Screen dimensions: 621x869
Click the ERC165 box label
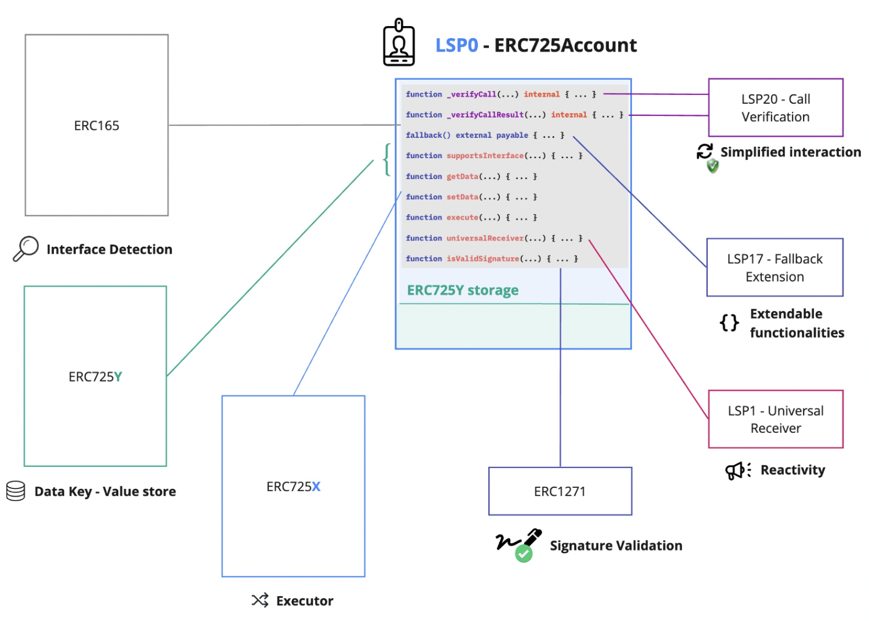(97, 126)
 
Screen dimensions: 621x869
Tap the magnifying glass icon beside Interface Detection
(25, 249)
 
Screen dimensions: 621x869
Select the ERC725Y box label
(96, 377)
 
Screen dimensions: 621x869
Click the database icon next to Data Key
(16, 491)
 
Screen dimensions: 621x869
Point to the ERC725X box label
(293, 487)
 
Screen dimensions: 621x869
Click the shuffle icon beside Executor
(260, 600)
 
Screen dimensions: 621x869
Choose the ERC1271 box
(560, 491)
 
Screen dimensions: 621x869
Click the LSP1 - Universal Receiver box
(775, 419)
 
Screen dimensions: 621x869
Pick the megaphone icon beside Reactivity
(737, 470)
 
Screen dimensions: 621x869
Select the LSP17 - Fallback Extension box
(775, 268)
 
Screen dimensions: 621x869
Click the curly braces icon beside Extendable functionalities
(729, 323)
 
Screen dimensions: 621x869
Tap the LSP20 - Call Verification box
(775, 108)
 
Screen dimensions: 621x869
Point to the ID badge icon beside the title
(399, 43)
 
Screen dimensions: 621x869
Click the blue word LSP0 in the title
(457, 45)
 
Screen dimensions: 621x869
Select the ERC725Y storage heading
(462, 290)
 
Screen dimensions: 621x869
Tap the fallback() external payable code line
(484, 136)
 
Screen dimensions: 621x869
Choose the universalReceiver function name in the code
(485, 238)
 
